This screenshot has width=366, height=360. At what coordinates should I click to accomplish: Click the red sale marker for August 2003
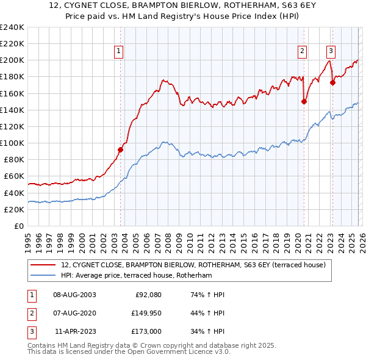click(x=120, y=149)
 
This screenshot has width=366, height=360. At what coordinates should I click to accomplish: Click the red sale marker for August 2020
click(x=304, y=102)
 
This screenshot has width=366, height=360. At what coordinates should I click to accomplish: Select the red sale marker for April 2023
click(x=332, y=83)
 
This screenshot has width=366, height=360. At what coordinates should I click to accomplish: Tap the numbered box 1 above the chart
click(x=118, y=51)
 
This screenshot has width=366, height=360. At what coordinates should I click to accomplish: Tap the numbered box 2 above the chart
click(x=302, y=51)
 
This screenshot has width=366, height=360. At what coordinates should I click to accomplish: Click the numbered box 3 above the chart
click(x=331, y=51)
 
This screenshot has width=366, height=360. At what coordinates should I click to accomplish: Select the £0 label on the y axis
click(x=18, y=226)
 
